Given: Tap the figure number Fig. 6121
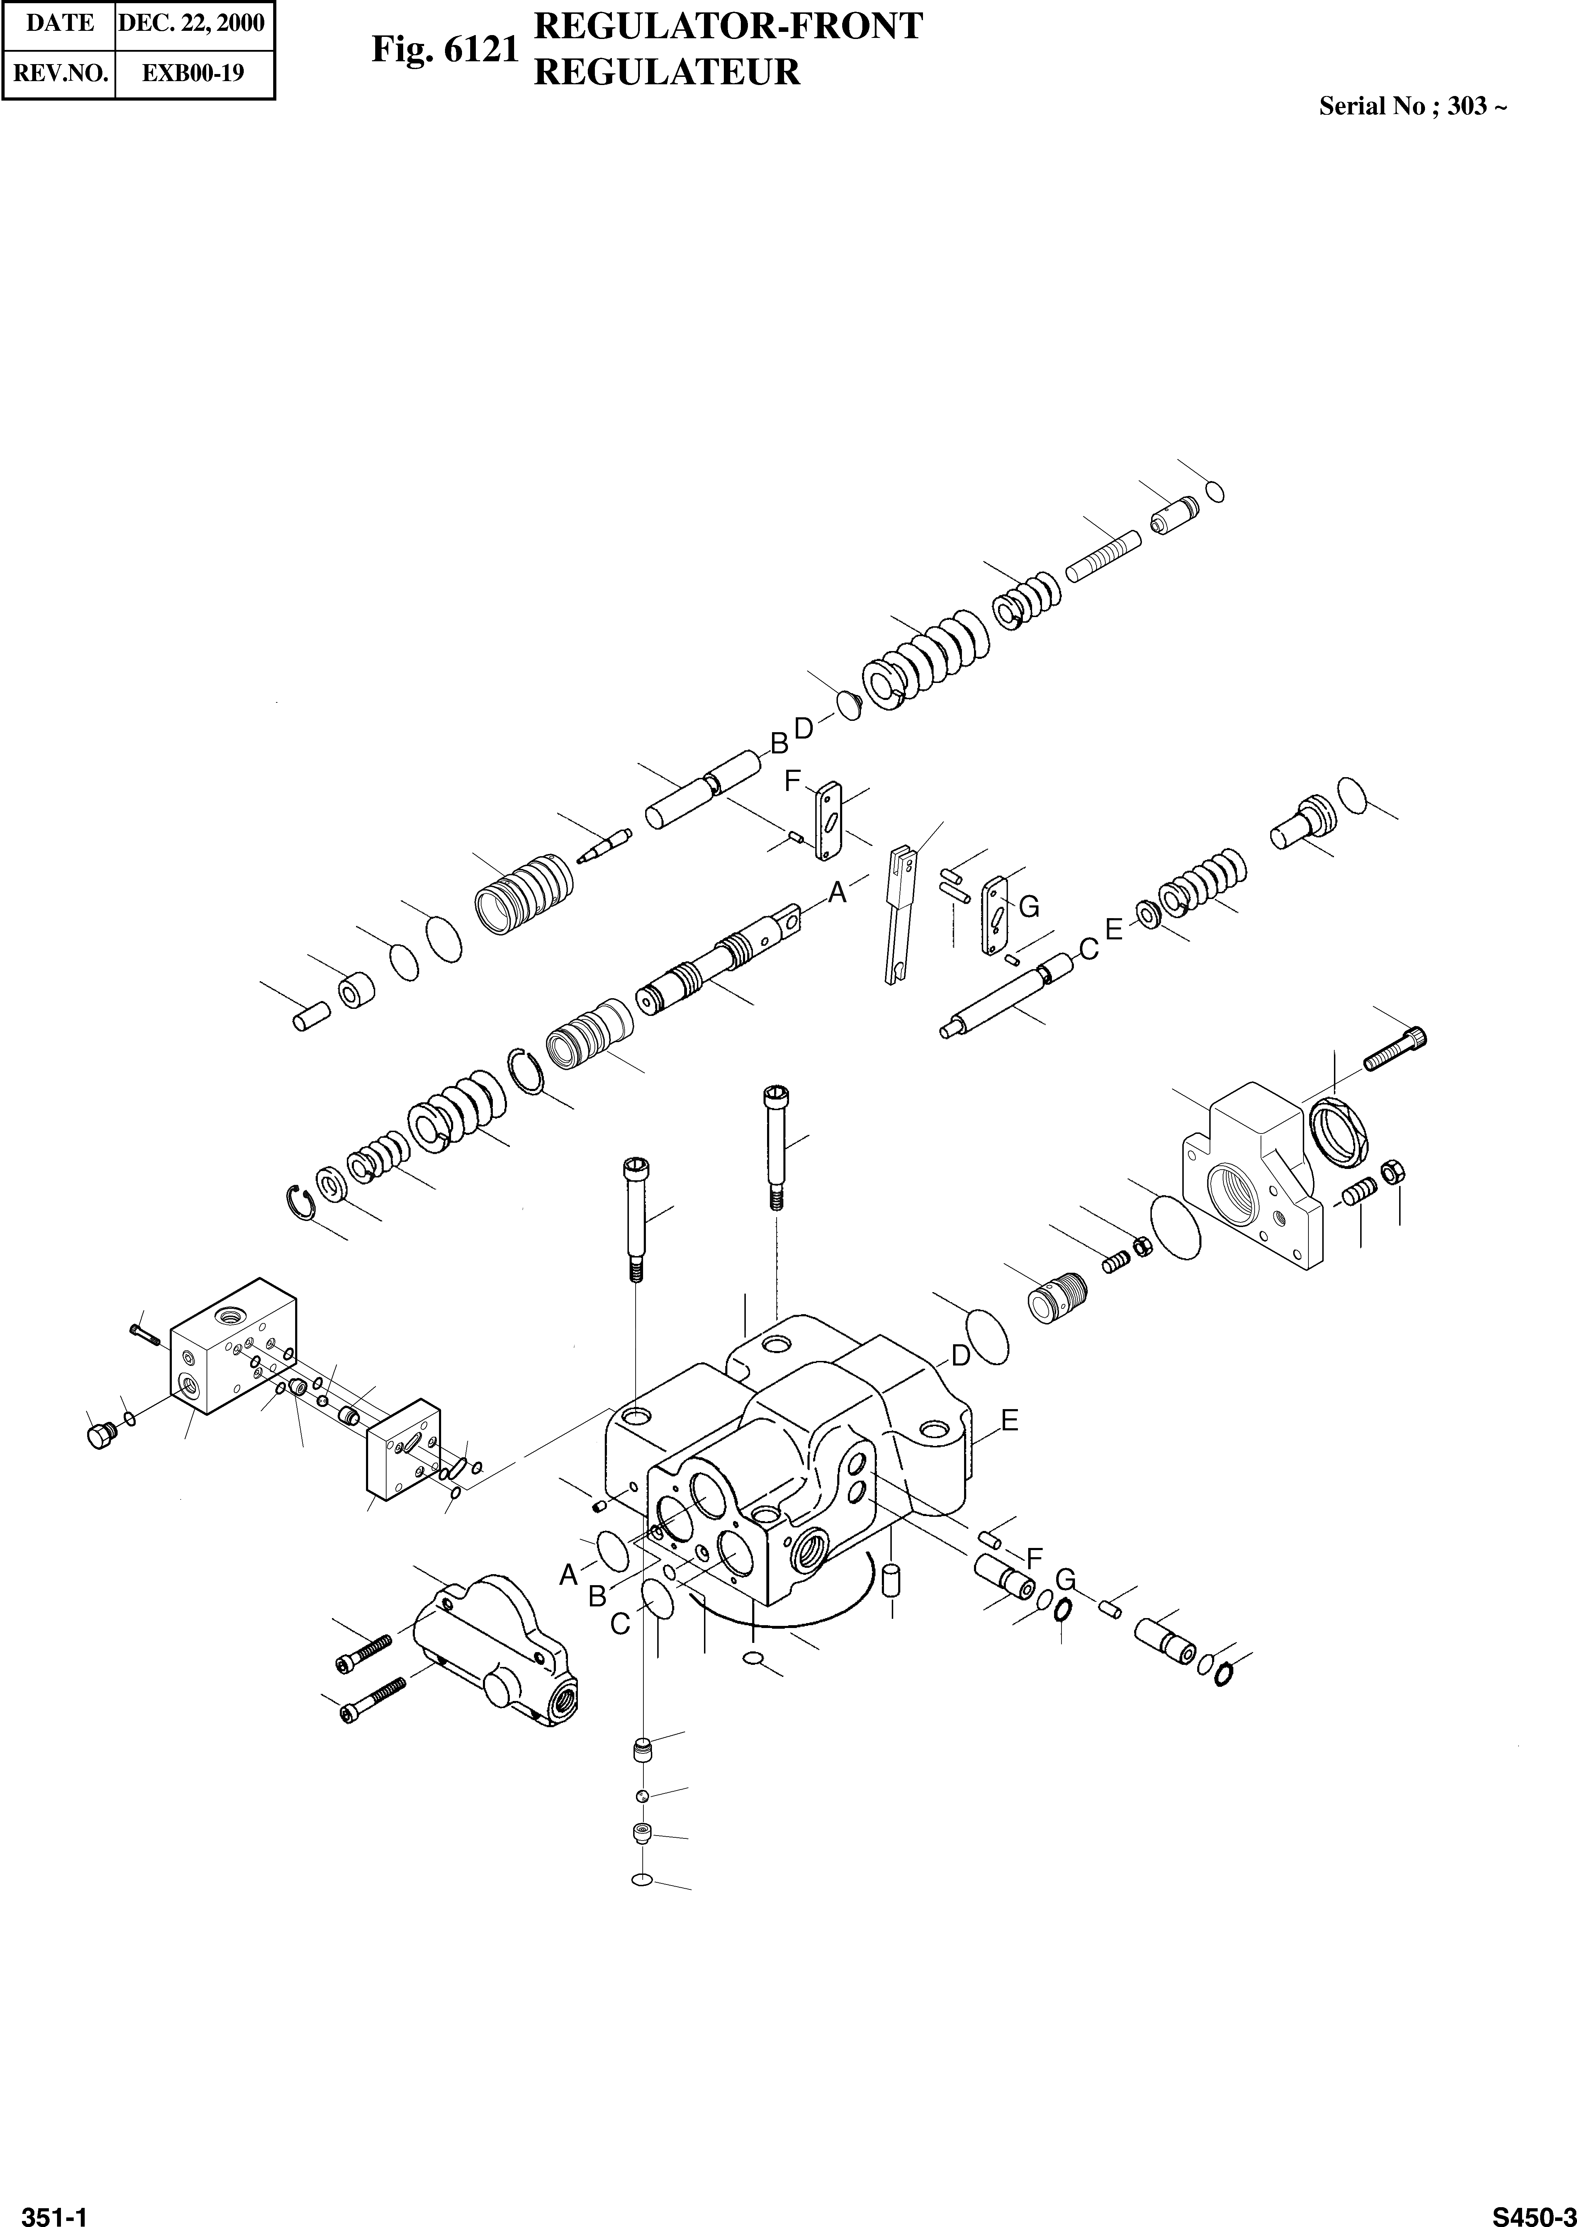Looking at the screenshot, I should click(445, 51).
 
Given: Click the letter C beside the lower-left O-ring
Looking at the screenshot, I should click(620, 1624).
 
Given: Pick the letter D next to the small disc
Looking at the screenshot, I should click(803, 727).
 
